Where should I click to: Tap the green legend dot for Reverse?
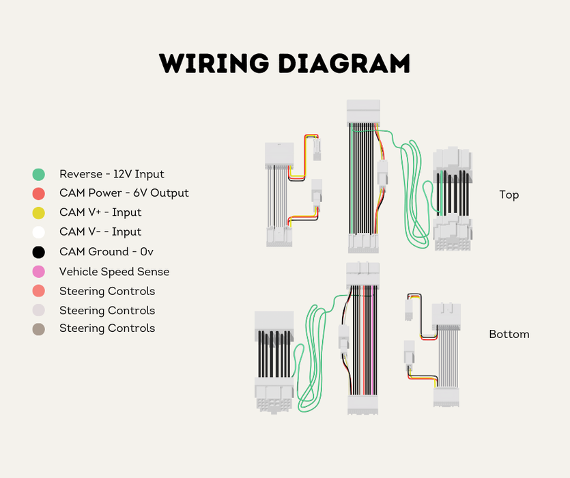[x=39, y=175]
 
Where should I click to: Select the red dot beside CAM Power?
[x=39, y=193]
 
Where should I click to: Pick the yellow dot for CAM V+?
[x=39, y=213]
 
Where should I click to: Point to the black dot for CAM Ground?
[x=39, y=252]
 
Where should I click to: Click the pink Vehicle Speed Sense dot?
[x=39, y=272]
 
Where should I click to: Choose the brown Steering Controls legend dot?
[x=39, y=329]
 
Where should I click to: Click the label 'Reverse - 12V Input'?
[x=111, y=174]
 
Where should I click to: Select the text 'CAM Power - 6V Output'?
[x=124, y=193]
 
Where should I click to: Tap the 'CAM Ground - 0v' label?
[x=106, y=252]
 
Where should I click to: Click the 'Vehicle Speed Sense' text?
[x=114, y=272]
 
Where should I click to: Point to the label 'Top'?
[x=509, y=195]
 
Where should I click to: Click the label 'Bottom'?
[x=509, y=334]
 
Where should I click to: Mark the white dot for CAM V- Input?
[x=39, y=232]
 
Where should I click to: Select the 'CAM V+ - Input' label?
[x=100, y=212]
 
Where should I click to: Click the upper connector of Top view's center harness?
[x=363, y=112]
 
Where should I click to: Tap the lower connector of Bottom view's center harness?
[x=363, y=404]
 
